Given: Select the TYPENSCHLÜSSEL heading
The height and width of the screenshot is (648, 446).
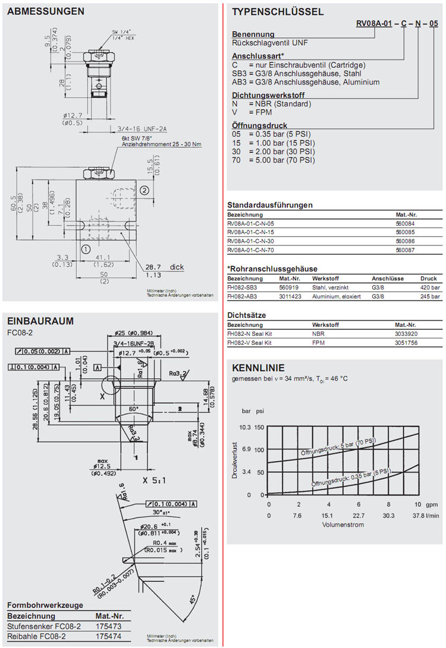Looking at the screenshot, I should pyautogui.click(x=278, y=11).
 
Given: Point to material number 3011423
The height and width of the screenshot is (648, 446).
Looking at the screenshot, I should pyautogui.click(x=291, y=296).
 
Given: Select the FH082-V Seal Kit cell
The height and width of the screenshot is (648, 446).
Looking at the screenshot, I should pyautogui.click(x=250, y=343).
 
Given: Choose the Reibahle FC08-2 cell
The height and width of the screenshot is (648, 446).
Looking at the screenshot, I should pyautogui.click(x=43, y=637).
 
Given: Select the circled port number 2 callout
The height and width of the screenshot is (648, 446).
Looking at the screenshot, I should pyautogui.click(x=144, y=190).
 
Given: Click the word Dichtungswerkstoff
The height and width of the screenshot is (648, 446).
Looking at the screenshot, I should pyautogui.click(x=264, y=95).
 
